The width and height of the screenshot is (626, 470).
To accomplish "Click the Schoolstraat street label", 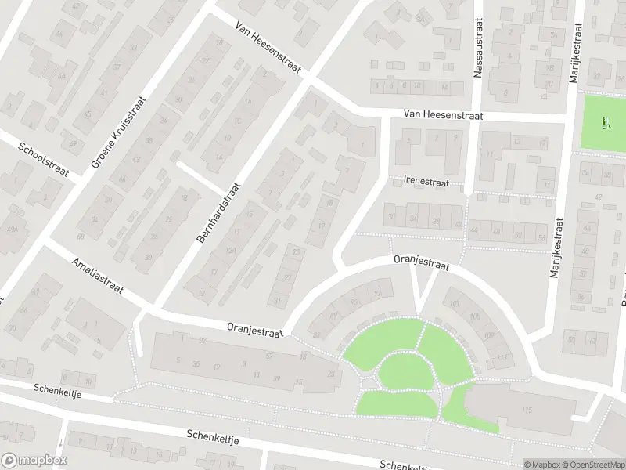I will pyautogui.click(x=48, y=159).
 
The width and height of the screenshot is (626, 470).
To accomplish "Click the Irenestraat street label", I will pyautogui.click(x=426, y=181).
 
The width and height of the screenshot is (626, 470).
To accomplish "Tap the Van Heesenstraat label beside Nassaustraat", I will pyautogui.click(x=443, y=115).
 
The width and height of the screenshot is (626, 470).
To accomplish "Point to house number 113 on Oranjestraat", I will pyautogui.click(x=501, y=358).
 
